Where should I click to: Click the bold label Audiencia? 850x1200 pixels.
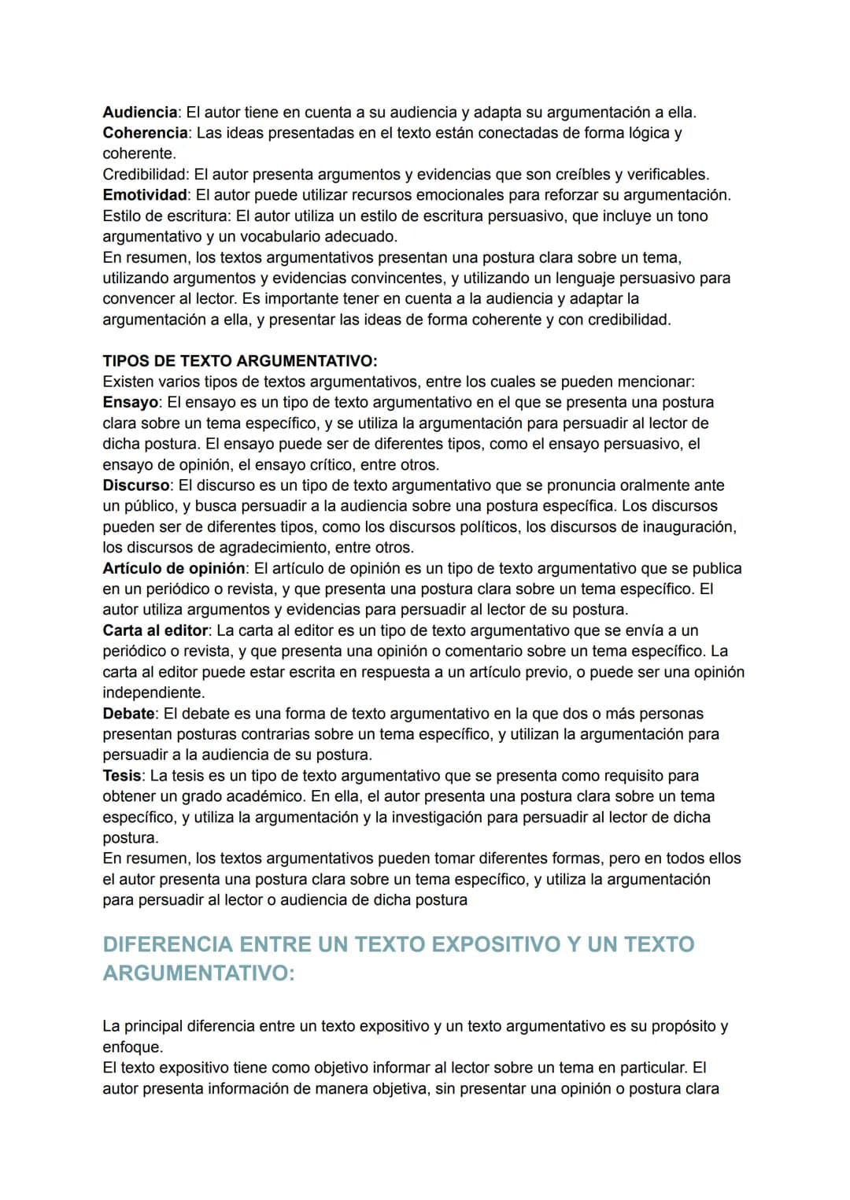[x=139, y=113]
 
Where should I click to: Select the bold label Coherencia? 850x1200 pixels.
[x=145, y=133]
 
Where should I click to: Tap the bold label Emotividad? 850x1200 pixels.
[x=145, y=195]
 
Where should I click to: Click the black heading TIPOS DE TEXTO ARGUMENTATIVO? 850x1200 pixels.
[x=239, y=361]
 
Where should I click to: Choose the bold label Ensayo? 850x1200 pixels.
[x=130, y=403]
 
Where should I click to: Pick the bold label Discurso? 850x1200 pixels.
[x=136, y=486]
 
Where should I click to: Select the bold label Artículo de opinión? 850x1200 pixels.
[x=173, y=569]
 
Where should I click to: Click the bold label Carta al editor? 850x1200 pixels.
[x=155, y=631]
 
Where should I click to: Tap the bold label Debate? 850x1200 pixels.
[x=128, y=714]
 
